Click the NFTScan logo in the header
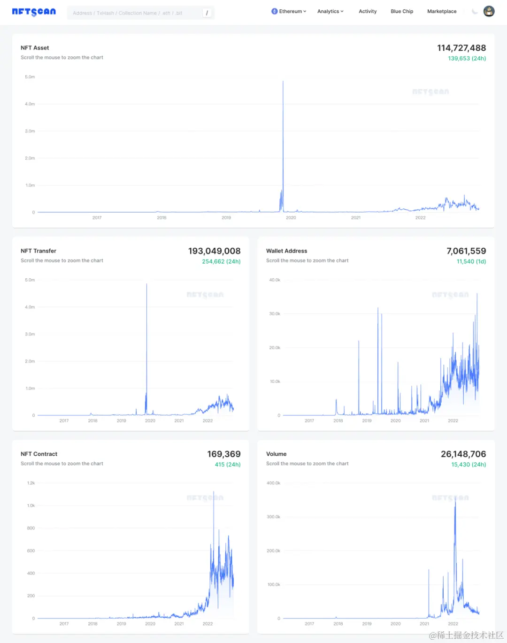[x=34, y=12]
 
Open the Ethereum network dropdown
[x=289, y=11]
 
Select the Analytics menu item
[x=330, y=11]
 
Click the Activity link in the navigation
[x=368, y=11]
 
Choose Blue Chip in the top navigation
[x=402, y=11]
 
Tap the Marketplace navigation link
[x=442, y=11]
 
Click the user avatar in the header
[x=489, y=11]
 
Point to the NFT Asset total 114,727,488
[x=461, y=48]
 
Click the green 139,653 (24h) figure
[x=467, y=59]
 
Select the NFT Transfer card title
[x=38, y=251]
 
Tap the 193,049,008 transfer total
[x=214, y=251]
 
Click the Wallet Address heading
[x=286, y=251]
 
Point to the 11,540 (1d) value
[x=471, y=261]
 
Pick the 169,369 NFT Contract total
[x=223, y=454]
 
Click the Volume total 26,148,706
[x=463, y=454]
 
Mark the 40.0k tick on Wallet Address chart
[x=275, y=280]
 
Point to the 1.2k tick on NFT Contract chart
[x=31, y=483]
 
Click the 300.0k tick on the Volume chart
[x=273, y=517]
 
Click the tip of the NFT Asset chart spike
[x=283, y=82]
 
